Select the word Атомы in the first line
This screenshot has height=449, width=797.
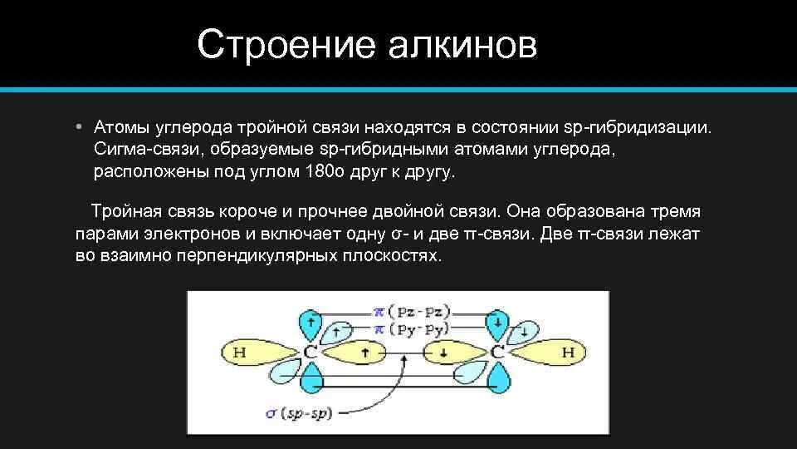click(121, 128)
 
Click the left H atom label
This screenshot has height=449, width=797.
click(240, 353)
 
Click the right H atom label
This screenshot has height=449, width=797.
click(568, 353)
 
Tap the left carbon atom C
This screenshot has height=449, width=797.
click(310, 353)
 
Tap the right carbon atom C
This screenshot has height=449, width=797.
click(497, 353)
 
